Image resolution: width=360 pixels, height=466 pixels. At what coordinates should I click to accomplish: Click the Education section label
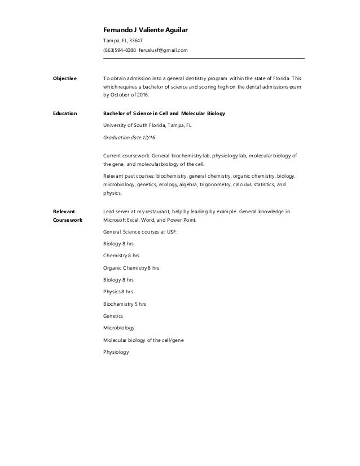pos(64,113)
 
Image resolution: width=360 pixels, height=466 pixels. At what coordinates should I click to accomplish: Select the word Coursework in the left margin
pos(68,221)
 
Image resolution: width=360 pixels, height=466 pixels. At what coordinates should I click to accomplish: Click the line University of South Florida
pos(148,126)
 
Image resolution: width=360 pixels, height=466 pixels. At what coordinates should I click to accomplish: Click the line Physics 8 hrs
pos(118,292)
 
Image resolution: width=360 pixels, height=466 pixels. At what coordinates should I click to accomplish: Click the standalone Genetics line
pos(113,316)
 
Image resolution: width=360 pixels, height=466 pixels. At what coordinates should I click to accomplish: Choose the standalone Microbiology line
pos(119,328)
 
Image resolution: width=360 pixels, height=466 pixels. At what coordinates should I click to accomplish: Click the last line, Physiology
pos(116,352)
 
